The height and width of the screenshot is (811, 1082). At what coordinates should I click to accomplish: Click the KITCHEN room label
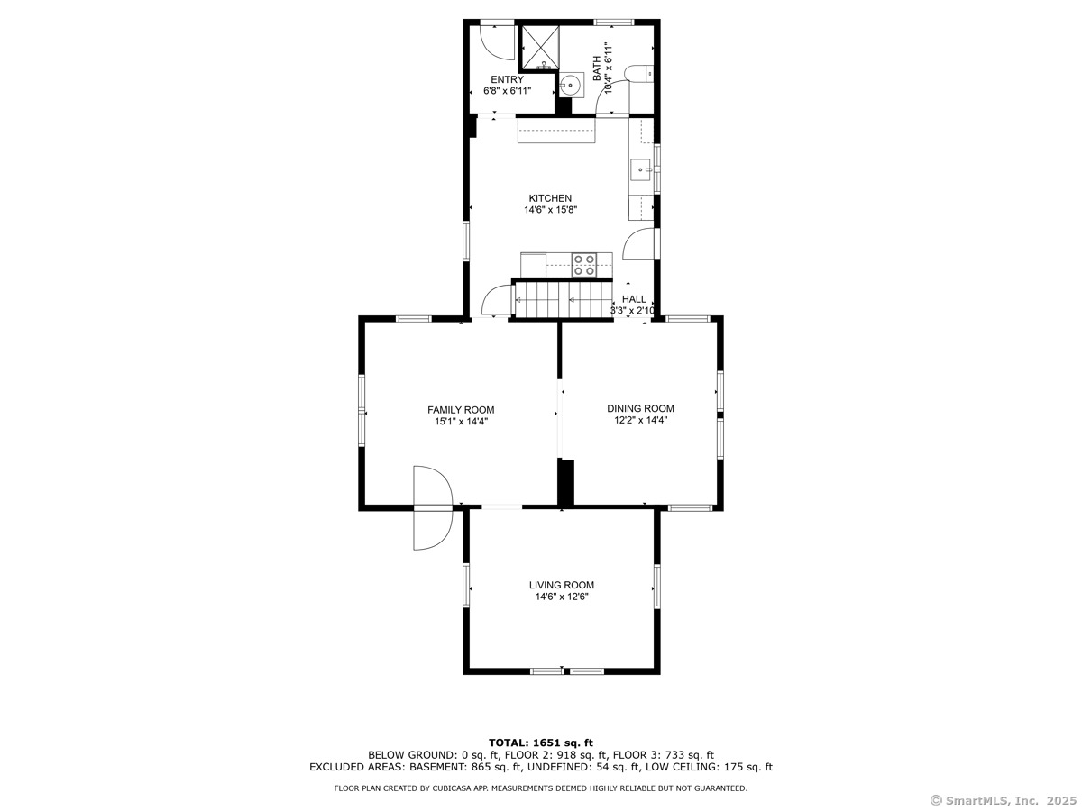(550, 198)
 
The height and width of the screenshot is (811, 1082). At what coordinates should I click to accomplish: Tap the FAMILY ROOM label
(461, 410)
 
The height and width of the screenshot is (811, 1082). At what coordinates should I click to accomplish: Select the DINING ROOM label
(640, 408)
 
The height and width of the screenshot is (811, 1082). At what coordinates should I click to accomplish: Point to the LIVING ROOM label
(562, 585)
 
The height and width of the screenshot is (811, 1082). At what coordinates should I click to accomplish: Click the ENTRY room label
(507, 79)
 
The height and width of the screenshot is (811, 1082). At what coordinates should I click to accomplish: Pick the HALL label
(634, 299)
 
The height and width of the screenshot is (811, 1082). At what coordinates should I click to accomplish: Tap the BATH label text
(597, 68)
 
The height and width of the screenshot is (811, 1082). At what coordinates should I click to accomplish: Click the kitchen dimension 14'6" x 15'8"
(550, 210)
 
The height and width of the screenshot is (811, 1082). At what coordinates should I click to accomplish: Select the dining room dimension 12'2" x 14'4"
(640, 420)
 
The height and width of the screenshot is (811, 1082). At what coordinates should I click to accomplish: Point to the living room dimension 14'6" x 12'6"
(562, 597)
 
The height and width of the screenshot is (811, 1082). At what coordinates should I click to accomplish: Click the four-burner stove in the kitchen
(583, 265)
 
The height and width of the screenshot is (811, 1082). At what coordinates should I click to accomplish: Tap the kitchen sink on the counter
(640, 170)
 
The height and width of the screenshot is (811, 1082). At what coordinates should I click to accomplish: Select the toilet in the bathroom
(639, 74)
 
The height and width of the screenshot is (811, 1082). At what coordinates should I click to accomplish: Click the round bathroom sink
(571, 86)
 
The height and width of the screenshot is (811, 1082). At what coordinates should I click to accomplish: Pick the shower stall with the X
(541, 48)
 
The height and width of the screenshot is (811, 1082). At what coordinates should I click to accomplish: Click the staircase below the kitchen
(562, 299)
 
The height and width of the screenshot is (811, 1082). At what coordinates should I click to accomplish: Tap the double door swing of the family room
(433, 507)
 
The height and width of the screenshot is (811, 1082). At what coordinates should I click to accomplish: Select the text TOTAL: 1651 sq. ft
(540, 743)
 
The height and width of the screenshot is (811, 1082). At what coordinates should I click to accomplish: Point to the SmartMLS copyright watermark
(1004, 800)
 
